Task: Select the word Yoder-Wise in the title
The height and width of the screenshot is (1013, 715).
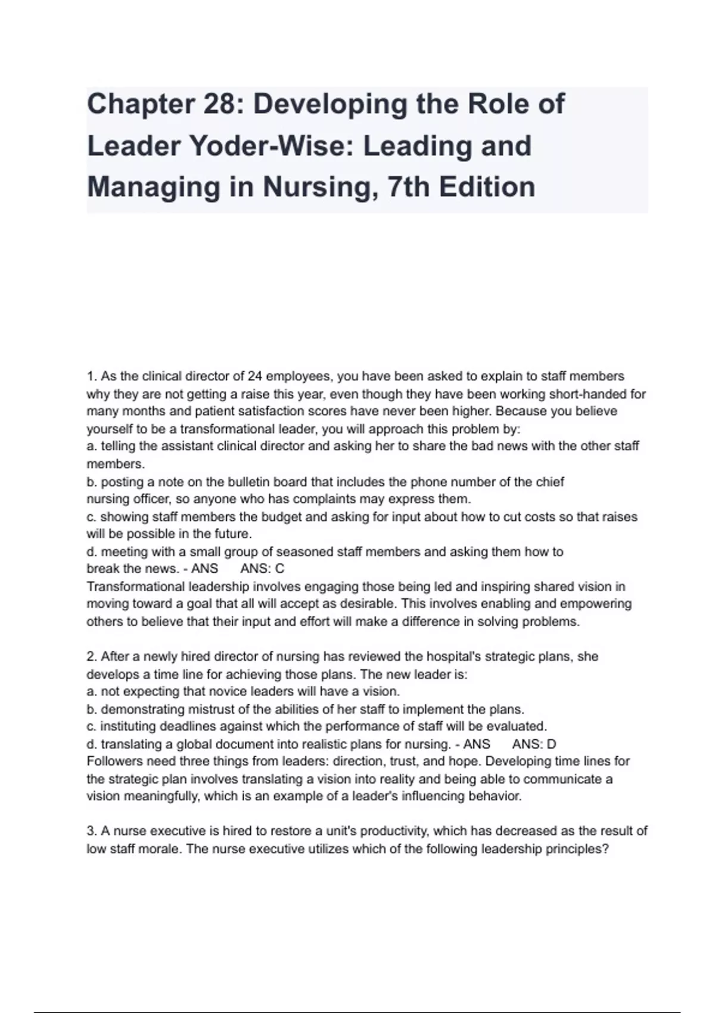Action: (271, 146)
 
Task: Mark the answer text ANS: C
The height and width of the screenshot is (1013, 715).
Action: (262, 569)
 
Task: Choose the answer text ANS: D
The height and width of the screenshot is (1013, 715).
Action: (534, 744)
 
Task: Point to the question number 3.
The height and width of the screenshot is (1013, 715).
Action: (91, 831)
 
